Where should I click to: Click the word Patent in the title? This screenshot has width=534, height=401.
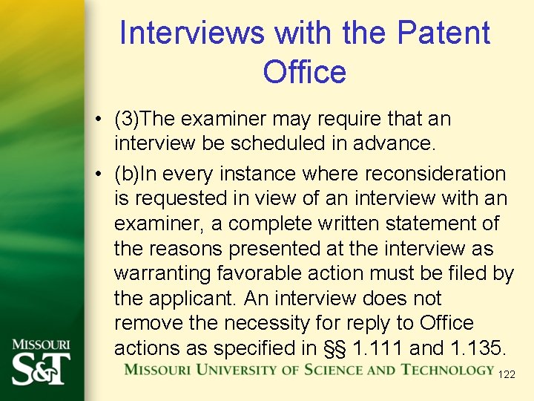[443, 33]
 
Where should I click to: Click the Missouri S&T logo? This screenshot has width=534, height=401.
[41, 362]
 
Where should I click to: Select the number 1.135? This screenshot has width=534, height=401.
[470, 348]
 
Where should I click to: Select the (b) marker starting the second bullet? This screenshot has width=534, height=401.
[127, 174]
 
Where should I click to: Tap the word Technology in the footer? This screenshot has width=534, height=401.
[447, 370]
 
